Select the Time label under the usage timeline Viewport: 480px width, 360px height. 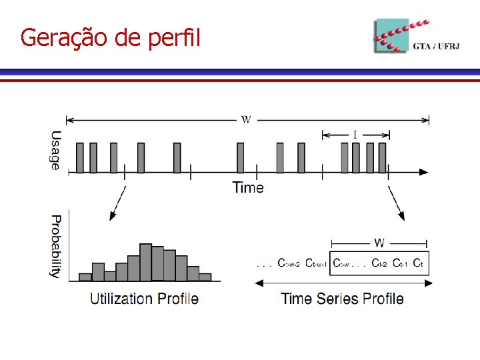coord(248,187)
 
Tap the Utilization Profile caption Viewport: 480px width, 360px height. coord(144,298)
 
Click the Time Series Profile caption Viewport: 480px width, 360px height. coord(342,298)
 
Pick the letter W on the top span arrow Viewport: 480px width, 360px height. coord(246,120)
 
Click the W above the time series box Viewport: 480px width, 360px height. coord(379,243)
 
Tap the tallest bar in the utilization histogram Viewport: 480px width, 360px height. coord(145,261)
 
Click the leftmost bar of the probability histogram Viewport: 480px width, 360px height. coord(85,276)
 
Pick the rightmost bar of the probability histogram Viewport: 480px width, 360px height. coord(205,276)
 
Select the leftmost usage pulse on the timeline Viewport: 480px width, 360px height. coord(80,158)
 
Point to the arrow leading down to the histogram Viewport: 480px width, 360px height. coord(117,203)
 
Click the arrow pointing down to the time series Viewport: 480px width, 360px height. coord(396,203)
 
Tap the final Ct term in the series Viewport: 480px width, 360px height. coord(418,263)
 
